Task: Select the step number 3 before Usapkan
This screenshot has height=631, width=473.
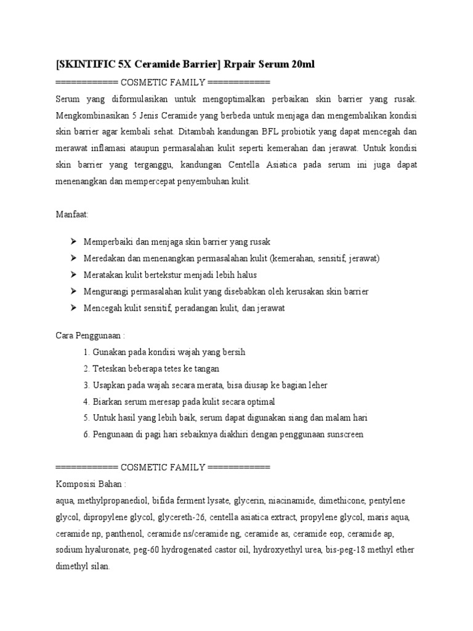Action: pos(86,385)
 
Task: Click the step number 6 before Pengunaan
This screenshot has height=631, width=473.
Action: pos(86,434)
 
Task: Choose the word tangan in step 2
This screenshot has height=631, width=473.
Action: pos(206,368)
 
